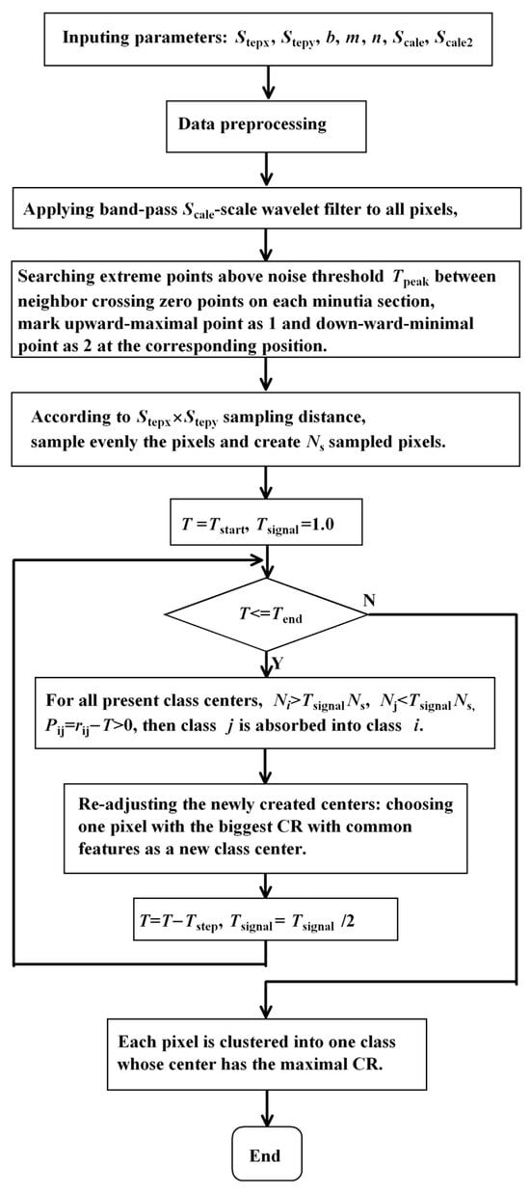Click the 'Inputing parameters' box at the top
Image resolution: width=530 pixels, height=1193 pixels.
click(264, 38)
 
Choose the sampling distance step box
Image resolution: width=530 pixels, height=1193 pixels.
click(264, 428)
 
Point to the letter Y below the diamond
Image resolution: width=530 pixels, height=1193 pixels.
click(279, 664)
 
